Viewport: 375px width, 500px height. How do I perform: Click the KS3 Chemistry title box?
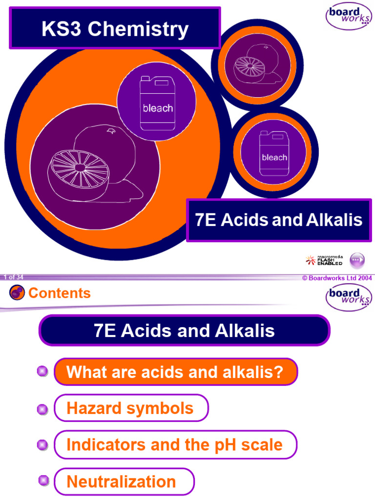[x=115, y=29]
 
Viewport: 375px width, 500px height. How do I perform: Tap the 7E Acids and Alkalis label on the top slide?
[x=279, y=220]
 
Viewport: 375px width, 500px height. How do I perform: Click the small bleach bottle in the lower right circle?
[x=274, y=153]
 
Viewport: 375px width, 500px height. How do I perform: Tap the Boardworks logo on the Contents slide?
[x=348, y=297]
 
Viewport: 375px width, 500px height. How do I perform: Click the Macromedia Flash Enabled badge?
[x=324, y=260]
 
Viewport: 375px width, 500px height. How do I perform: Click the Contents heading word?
[x=60, y=293]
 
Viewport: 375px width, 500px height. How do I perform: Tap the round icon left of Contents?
[x=17, y=293]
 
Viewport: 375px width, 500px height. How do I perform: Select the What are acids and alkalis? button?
[x=175, y=372]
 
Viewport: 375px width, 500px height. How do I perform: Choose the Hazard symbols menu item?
[x=130, y=408]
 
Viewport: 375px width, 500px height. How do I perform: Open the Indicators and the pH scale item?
[x=175, y=445]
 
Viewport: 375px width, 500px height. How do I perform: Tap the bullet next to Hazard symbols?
[x=42, y=409]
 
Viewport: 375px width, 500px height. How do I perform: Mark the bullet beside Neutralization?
[x=44, y=481]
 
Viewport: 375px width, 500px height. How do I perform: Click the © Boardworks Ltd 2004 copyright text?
[x=336, y=278]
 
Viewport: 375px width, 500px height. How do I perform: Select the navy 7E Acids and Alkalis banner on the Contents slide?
[x=185, y=331]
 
